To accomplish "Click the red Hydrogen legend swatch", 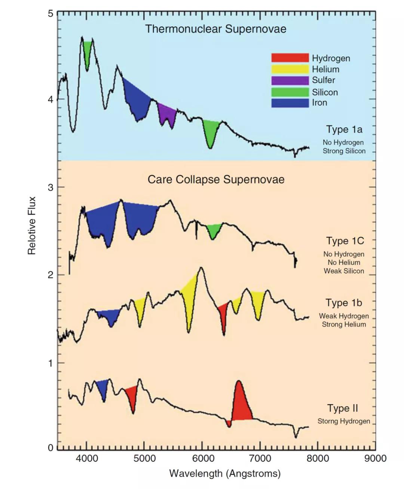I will (x=290, y=58).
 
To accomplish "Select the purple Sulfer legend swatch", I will (x=290, y=80).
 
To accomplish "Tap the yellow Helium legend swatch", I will (x=290, y=69).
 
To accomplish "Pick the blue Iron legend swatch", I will (x=290, y=103).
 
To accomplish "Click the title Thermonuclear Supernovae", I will (x=215, y=29).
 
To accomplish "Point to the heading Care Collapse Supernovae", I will (x=216, y=180).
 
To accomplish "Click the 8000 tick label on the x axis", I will (x=318, y=458).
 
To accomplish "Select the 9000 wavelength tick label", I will (x=375, y=458).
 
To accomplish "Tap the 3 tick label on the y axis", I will (x=50, y=187).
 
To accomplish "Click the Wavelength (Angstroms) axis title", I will (x=225, y=474).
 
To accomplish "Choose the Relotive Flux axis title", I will (x=32, y=226).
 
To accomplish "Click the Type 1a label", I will (x=344, y=129).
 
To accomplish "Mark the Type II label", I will (x=342, y=408).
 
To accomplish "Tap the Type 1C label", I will (x=345, y=241).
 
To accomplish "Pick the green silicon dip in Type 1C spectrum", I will (x=213, y=230).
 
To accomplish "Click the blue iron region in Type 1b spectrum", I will (x=109, y=317).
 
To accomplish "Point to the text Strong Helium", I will (x=344, y=324).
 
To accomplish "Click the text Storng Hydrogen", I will (x=344, y=421).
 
